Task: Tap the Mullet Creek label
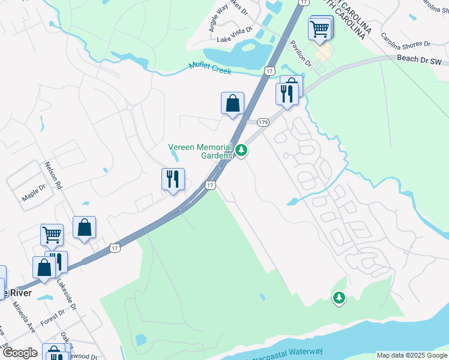(x=210, y=69)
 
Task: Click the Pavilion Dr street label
(x=300, y=52)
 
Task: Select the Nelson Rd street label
(x=53, y=175)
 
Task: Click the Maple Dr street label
(x=34, y=192)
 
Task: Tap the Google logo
(x=19, y=353)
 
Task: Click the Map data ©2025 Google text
(x=411, y=355)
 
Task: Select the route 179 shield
(x=263, y=122)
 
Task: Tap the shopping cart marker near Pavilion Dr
(x=319, y=28)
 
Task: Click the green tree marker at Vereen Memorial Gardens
(x=241, y=150)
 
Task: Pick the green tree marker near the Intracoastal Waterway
(x=339, y=297)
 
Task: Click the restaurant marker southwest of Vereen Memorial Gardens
(x=172, y=179)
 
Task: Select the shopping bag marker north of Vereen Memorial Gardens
(x=232, y=103)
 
